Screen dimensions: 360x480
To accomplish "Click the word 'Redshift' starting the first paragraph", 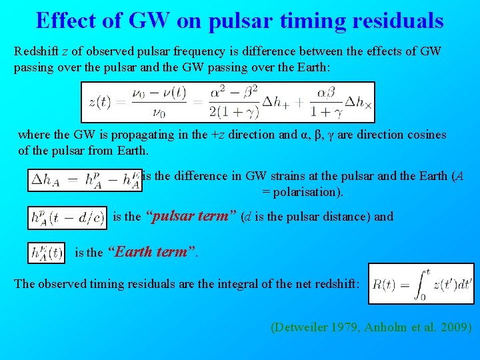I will pyautogui.click(x=37, y=51).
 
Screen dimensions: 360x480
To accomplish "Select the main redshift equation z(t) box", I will pyautogui.click(x=227, y=102).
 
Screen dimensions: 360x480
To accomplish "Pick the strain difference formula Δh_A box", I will pyautogui.click(x=84, y=180).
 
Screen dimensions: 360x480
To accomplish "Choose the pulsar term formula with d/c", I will pyautogui.click(x=67, y=217).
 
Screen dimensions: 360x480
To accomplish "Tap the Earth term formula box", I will pyautogui.click(x=47, y=253).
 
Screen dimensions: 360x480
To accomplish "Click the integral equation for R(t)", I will pyautogui.click(x=421, y=284).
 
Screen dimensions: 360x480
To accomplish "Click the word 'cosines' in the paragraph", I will pyautogui.click(x=425, y=135).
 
